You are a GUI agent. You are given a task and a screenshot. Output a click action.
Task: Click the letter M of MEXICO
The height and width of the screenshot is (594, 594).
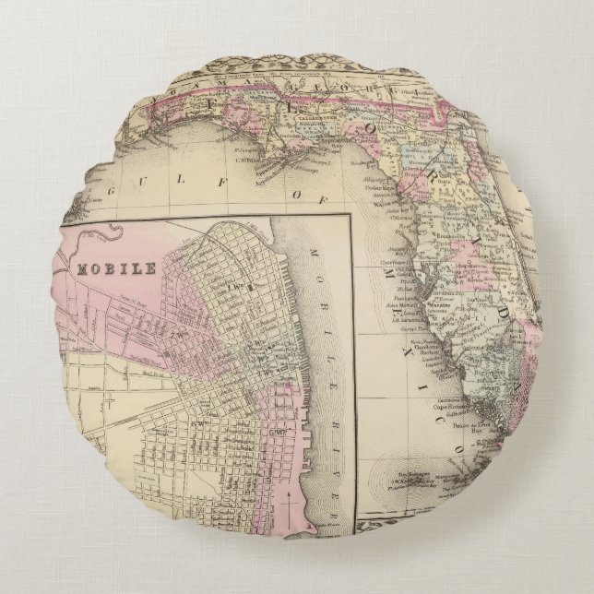click(x=383, y=267)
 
